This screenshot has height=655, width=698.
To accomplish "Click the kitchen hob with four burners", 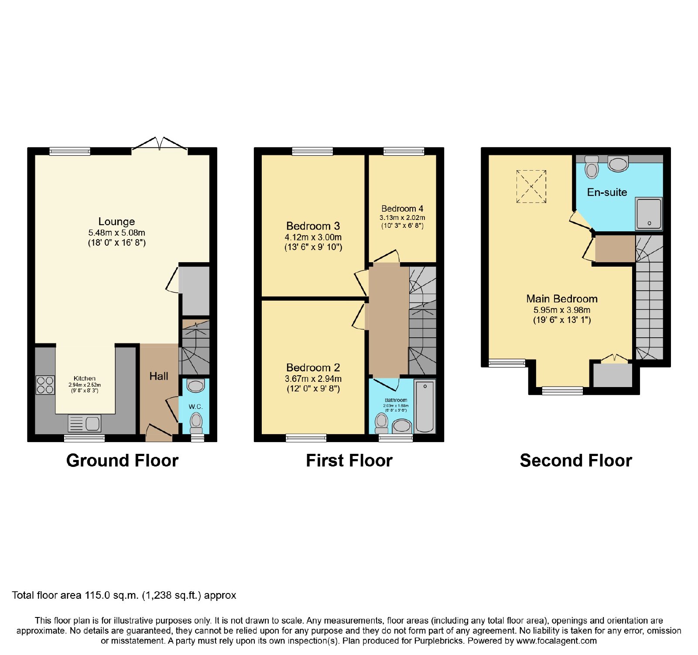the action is tap(45, 385).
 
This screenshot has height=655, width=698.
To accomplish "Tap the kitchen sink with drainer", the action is tap(85, 423).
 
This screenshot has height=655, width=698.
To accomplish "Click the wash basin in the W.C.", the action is tap(195, 386).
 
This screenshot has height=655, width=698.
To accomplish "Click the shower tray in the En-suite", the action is tap(649, 213).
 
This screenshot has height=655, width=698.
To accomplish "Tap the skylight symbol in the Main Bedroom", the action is tap(531, 186).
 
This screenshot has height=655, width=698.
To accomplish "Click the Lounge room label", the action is tap(116, 221).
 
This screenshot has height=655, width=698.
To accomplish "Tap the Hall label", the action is tap(159, 376).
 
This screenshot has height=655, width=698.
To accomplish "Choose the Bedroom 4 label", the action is tap(402, 209).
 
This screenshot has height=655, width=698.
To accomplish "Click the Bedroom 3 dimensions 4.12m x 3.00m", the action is tap(313, 237).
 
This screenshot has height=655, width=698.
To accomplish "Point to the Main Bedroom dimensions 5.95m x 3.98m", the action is tap(562, 310).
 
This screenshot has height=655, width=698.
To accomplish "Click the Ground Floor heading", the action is tap(123, 461).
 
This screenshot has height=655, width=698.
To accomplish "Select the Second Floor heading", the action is tap(576, 461).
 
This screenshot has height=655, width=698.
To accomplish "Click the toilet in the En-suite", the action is tap(592, 167).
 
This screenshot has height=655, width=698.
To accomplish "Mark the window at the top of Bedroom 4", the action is tap(404, 151).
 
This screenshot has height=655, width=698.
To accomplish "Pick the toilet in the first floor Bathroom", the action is tap(382, 423).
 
